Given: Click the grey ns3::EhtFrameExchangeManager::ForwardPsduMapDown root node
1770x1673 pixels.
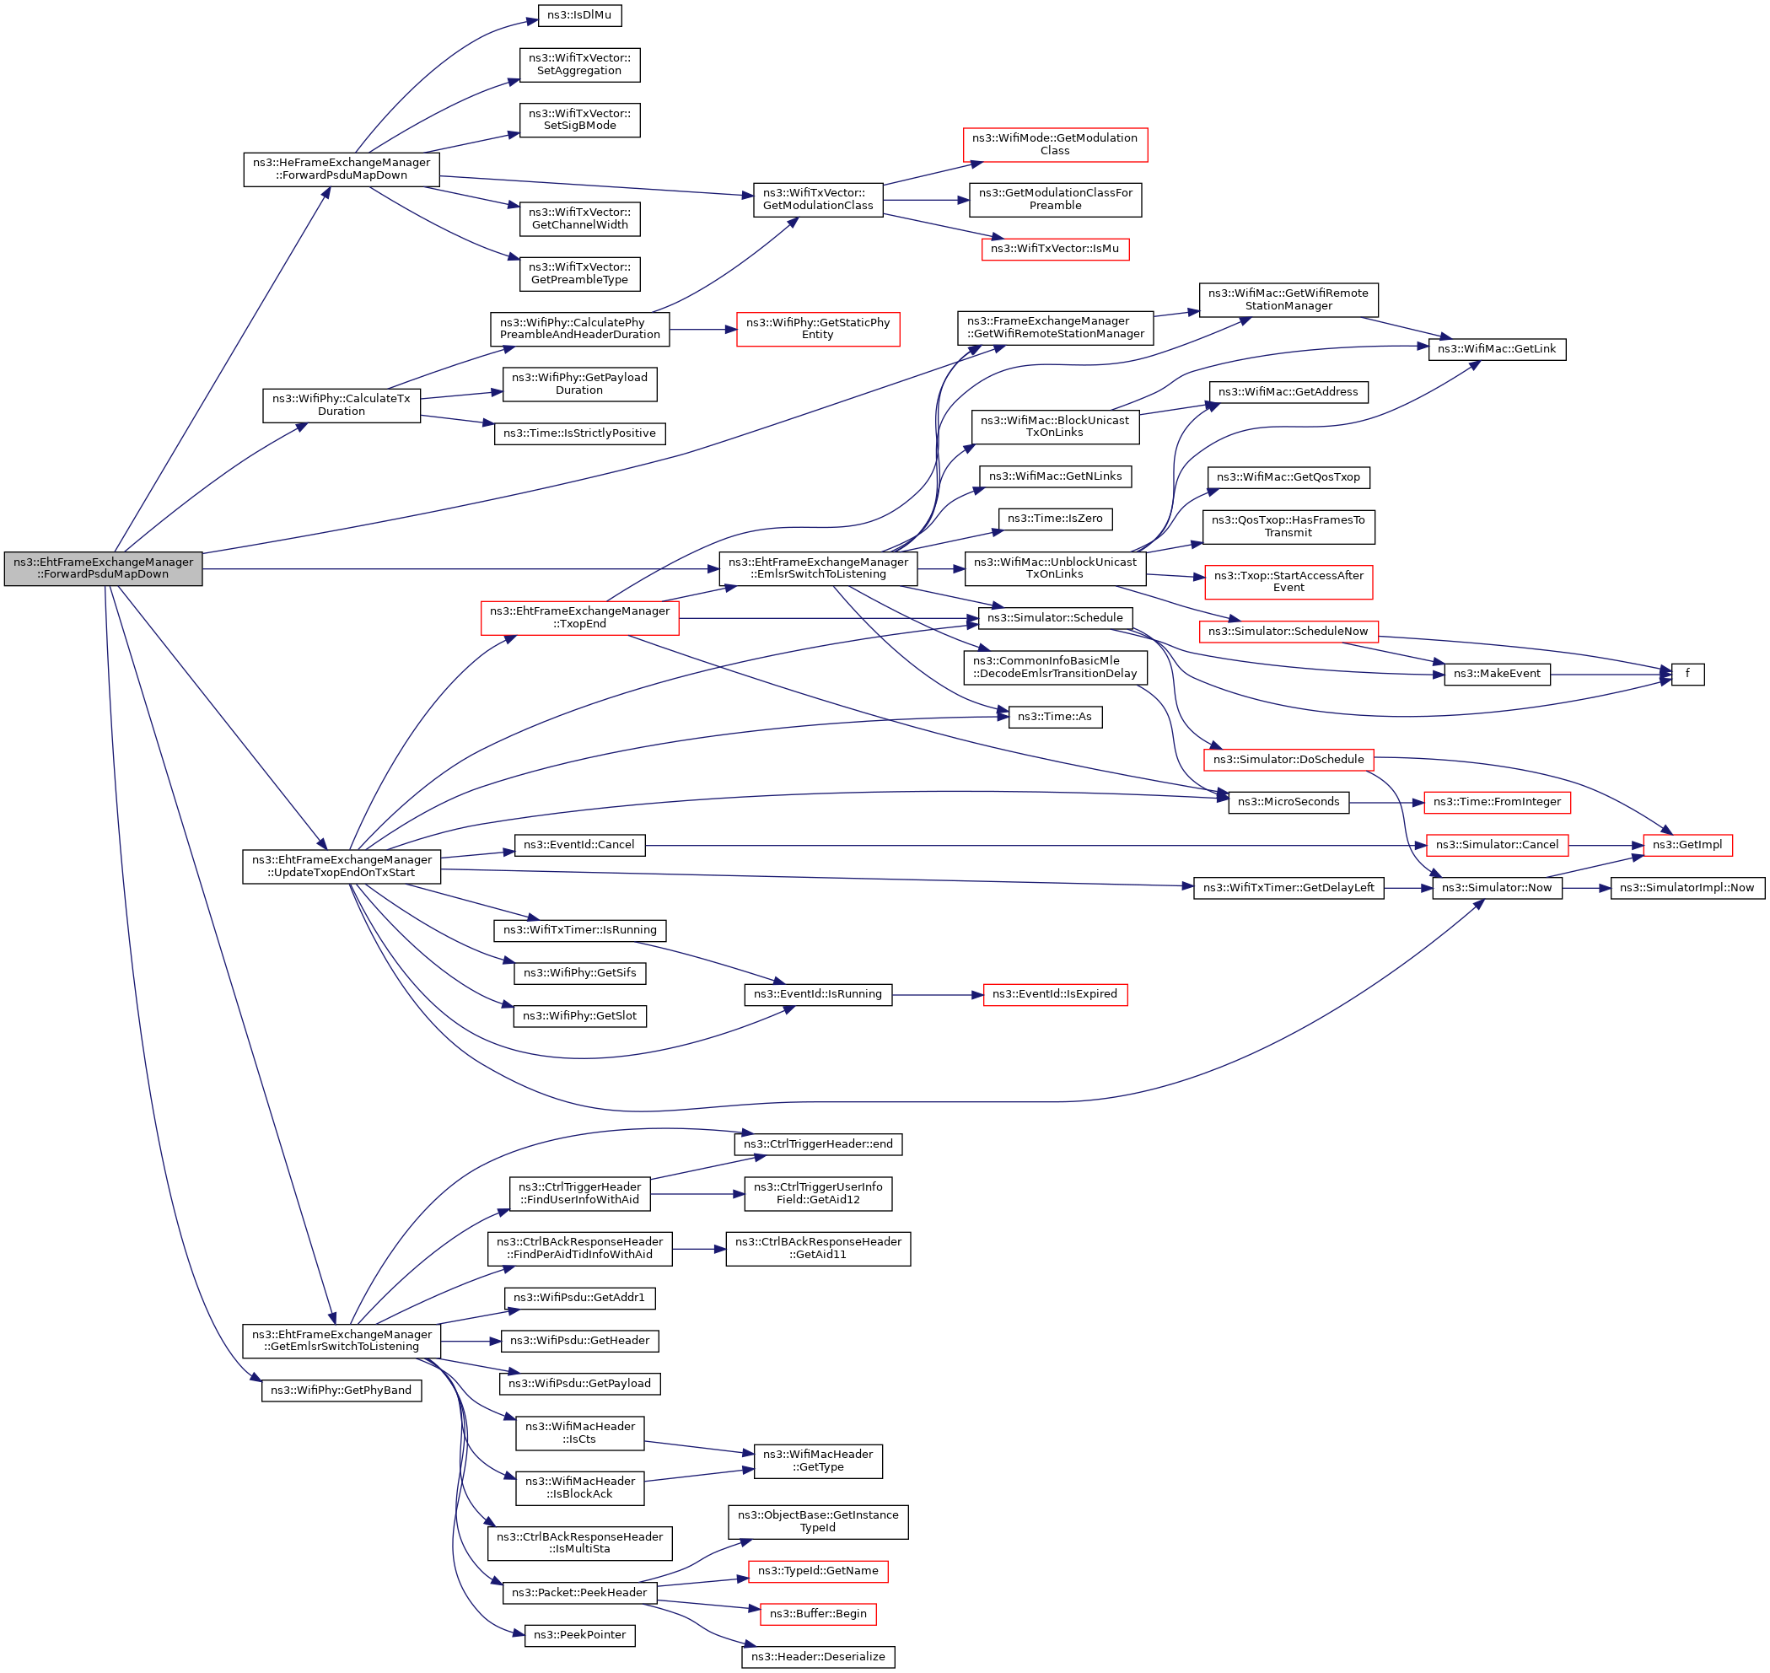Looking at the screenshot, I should pos(103,568).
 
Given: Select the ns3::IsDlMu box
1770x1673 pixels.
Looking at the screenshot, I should pos(579,15).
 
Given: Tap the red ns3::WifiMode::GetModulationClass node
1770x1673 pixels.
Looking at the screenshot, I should pos(1055,144).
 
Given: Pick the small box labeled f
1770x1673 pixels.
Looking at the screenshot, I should pos(1687,675).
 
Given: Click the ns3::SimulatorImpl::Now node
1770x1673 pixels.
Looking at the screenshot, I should pos(1687,888).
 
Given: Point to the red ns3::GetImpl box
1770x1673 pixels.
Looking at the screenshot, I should pos(1687,846).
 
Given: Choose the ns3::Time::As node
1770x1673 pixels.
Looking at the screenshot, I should pos(1055,717).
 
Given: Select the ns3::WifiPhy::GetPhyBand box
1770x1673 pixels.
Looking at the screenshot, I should pos(342,1391).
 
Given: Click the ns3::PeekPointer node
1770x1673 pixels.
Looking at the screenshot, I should pos(579,1636).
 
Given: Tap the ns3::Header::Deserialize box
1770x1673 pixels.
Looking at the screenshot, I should pos(818,1657).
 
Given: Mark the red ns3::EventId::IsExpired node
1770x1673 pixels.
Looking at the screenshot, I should pos(1055,994).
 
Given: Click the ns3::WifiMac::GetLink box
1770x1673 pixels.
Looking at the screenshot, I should pos(1496,349).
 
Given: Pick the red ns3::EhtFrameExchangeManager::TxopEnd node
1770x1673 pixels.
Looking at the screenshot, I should pos(579,618).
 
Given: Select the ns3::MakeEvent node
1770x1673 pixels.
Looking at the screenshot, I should pos(1496,675).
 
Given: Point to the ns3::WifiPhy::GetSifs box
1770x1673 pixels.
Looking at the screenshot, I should pos(579,973).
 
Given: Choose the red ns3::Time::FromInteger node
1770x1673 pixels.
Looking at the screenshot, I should pos(1496,803).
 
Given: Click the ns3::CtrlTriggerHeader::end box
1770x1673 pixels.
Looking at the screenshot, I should pos(818,1144).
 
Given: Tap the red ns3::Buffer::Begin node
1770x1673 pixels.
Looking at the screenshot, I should pos(818,1614).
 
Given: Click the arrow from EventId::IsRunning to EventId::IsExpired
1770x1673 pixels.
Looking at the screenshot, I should pos(936,994).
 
